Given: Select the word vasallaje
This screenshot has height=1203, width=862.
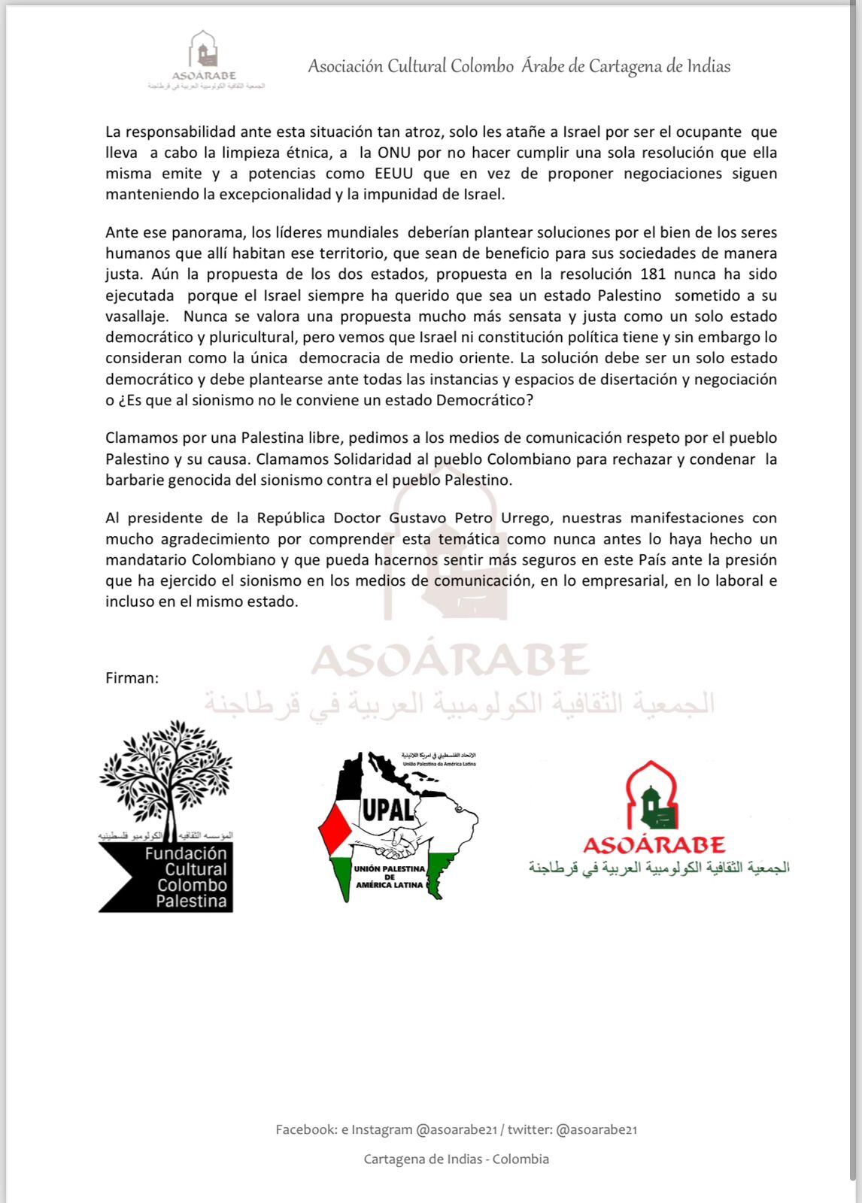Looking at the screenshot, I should click(x=134, y=317).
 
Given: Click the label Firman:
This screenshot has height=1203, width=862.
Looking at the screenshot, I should click(x=132, y=677).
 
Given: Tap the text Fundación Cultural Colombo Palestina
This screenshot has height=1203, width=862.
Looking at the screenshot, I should click(x=186, y=877).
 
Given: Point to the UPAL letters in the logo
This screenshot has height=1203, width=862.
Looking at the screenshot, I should click(x=388, y=809).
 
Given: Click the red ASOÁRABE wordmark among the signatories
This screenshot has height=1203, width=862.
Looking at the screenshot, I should click(x=654, y=844).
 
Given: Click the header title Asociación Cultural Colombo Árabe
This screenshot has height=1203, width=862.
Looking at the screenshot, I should click(x=519, y=66).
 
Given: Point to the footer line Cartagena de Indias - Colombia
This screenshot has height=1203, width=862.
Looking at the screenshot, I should click(x=456, y=1159).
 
